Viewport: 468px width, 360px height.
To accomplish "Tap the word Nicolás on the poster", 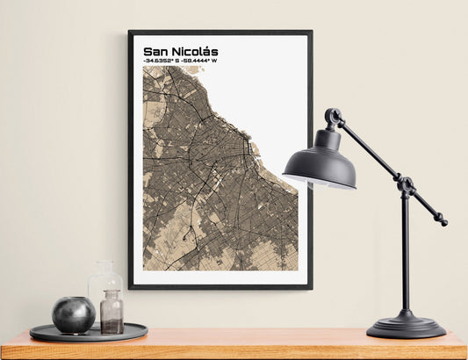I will click(194, 52).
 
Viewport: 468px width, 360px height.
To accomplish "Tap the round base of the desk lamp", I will click(406, 327).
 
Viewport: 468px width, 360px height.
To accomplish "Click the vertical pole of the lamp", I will click(405, 255).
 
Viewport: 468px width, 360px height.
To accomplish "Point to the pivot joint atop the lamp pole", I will click(406, 185).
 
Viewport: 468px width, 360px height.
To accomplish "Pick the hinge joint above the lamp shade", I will click(333, 116).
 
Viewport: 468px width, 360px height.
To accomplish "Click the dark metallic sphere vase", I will click(73, 314).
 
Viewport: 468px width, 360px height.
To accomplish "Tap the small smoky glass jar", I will click(112, 313).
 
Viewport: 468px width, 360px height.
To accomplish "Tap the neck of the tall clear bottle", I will click(104, 267).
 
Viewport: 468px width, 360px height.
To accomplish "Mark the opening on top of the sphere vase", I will click(73, 299).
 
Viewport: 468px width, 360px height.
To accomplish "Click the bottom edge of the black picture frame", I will click(220, 287).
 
